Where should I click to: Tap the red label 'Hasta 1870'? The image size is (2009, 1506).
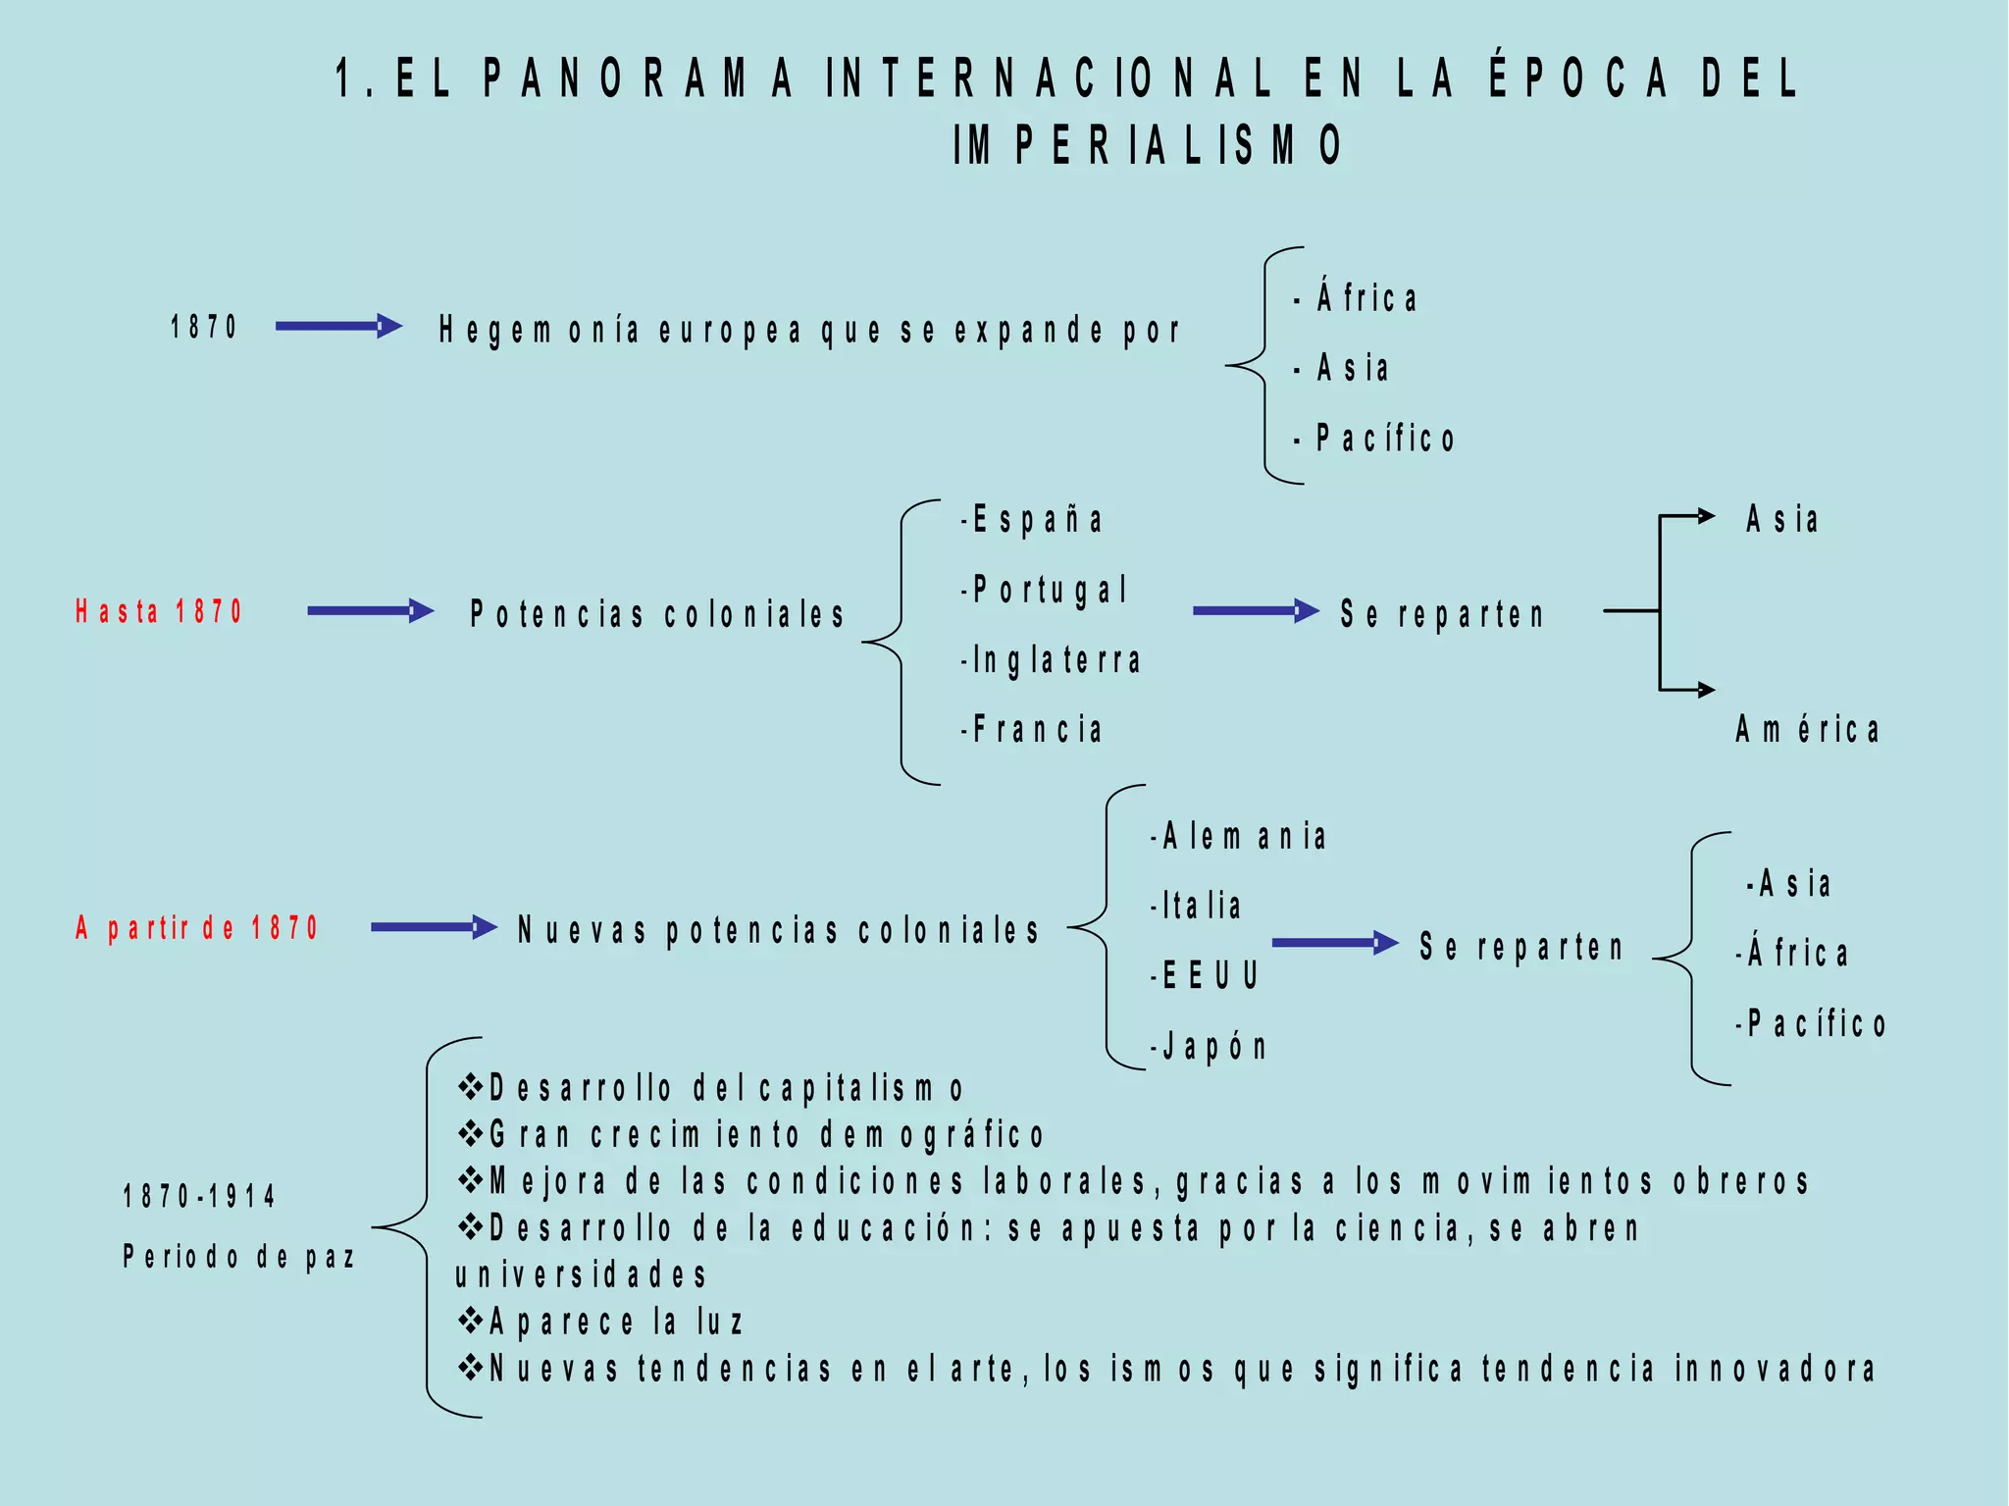(x=159, y=611)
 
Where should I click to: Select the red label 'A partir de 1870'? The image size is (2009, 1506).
(x=197, y=928)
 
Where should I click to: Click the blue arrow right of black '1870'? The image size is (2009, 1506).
(x=338, y=327)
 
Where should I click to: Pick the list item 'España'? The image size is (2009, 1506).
(x=1033, y=519)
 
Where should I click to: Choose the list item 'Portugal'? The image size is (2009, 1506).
(x=1046, y=590)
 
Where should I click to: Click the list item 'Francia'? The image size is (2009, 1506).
(x=1033, y=730)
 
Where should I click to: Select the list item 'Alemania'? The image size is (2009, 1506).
(x=1240, y=837)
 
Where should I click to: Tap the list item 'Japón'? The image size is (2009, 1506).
(x=1210, y=1047)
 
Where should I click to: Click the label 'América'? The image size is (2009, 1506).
(x=1807, y=730)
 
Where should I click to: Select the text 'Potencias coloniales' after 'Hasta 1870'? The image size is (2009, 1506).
(x=656, y=614)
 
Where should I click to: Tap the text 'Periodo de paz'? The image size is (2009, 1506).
(x=238, y=1257)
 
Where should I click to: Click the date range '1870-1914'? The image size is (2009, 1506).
(x=199, y=1196)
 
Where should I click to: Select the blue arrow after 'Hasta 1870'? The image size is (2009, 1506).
(x=370, y=611)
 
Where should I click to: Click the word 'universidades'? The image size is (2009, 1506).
(x=581, y=1274)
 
